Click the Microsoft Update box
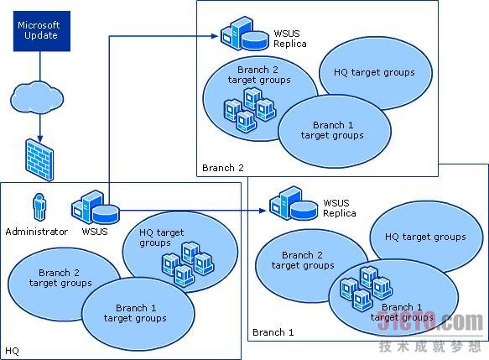[x=42, y=31]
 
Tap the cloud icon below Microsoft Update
[x=37, y=98]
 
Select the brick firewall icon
[x=39, y=160]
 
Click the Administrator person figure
[x=39, y=207]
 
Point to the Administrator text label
[x=37, y=232]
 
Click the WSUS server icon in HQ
[x=95, y=207]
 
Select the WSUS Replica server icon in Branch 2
[x=245, y=34]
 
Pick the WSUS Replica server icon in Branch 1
[x=294, y=203]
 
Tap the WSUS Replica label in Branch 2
[x=289, y=39]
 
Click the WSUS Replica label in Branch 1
[x=340, y=208]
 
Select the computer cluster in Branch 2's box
[x=250, y=109]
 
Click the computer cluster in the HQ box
[x=188, y=264]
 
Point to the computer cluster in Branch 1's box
[x=367, y=288]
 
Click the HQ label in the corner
[x=13, y=351]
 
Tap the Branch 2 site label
[x=222, y=168]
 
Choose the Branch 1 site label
[x=273, y=332]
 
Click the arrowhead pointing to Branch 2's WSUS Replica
[x=215, y=36]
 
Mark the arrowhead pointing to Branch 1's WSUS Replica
[x=263, y=211]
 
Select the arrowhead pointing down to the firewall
[x=40, y=138]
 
